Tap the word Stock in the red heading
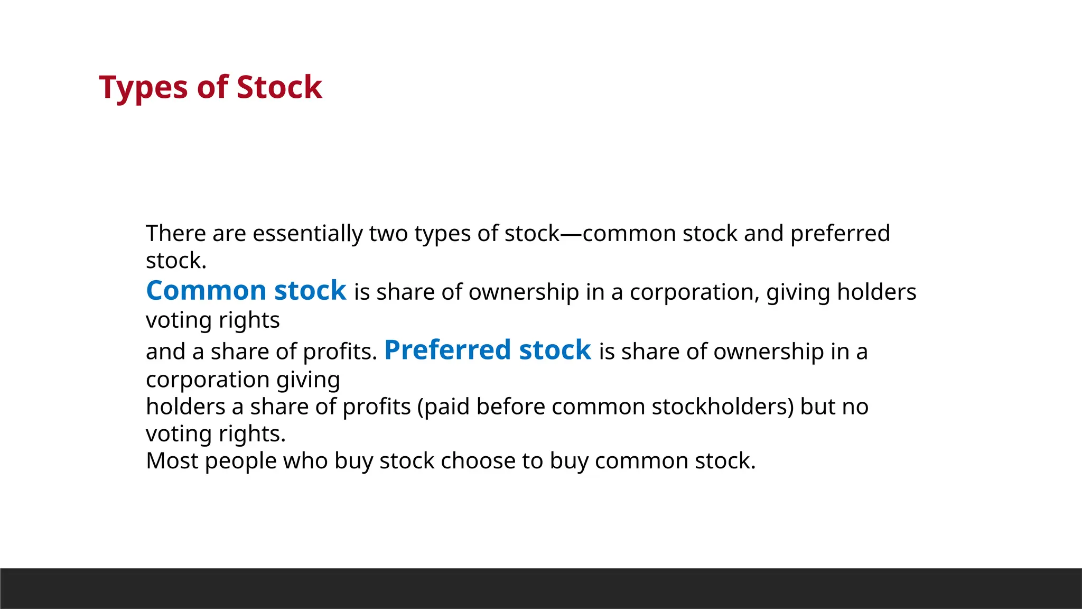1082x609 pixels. (x=279, y=88)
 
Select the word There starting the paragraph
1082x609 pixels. (x=176, y=233)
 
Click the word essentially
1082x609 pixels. (x=307, y=233)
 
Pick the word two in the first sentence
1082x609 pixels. (x=388, y=233)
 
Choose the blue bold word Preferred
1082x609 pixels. (x=447, y=350)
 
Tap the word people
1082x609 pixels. (x=240, y=462)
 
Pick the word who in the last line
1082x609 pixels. (x=305, y=460)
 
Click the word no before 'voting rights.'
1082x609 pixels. (x=855, y=407)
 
